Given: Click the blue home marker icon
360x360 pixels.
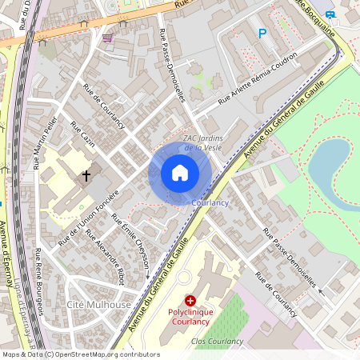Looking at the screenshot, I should pyautogui.click(x=180, y=173).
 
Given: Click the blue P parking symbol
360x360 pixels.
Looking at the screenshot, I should pyautogui.click(x=262, y=34).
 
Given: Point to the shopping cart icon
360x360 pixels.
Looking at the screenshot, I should pyautogui.click(x=107, y=37).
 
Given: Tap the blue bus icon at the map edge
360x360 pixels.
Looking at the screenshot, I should pyautogui.click(x=331, y=14).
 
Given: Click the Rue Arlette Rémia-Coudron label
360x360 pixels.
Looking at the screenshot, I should pyautogui.click(x=258, y=79).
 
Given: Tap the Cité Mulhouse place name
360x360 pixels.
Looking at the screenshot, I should pyautogui.click(x=98, y=305).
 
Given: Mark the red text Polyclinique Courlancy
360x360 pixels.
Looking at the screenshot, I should pyautogui.click(x=190, y=316).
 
